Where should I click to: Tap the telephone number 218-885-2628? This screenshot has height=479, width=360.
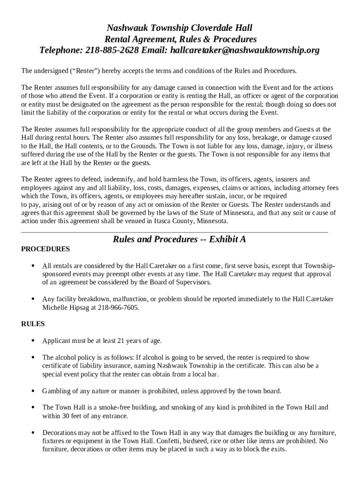pyautogui.click(x=111, y=50)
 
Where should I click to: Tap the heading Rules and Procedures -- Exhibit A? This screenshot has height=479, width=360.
pyautogui.click(x=180, y=239)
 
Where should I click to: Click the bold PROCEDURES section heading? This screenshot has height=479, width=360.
pyautogui.click(x=46, y=249)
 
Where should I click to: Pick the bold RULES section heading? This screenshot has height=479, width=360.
pyautogui.click(x=33, y=323)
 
